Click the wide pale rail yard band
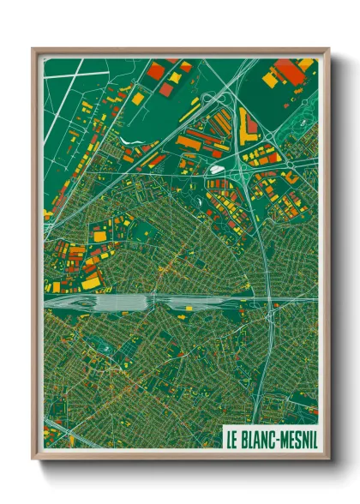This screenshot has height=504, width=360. tap(129, 302)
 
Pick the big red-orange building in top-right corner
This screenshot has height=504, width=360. tap(292, 74)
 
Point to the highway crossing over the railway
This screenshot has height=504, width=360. tap(269, 301)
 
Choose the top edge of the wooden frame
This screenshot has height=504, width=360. tap(180, 51)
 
